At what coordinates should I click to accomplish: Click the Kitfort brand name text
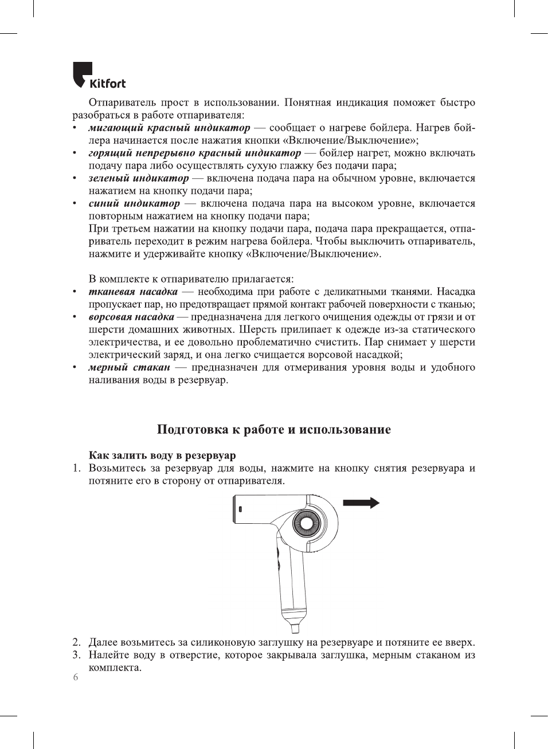pyautogui.click(x=107, y=84)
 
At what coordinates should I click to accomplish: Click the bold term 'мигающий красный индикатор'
pyautogui.click(x=169, y=128)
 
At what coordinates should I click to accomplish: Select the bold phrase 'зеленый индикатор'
pyautogui.click(x=138, y=178)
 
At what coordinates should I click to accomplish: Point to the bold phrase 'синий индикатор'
pyautogui.click(x=134, y=203)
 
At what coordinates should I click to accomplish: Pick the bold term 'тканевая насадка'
pyautogui.click(x=133, y=292)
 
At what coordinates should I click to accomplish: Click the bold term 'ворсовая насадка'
pyautogui.click(x=131, y=317)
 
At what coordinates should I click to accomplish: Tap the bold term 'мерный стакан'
pyautogui.click(x=129, y=367)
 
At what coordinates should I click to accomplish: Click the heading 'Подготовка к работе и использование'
pyautogui.click(x=274, y=430)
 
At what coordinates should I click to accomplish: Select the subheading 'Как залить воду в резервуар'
pyautogui.click(x=162, y=456)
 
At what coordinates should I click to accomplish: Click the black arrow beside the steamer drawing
pyautogui.click(x=361, y=503)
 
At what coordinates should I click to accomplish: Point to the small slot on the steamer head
pyautogui.click(x=240, y=509)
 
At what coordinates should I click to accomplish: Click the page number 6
pyautogui.click(x=75, y=678)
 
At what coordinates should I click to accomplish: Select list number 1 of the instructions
pyautogui.click(x=76, y=468)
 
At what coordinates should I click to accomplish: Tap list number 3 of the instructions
pyautogui.click(x=76, y=655)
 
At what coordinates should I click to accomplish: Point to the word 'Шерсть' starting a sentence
pyautogui.click(x=258, y=330)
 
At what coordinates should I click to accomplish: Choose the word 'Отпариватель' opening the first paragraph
pyautogui.click(x=122, y=103)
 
